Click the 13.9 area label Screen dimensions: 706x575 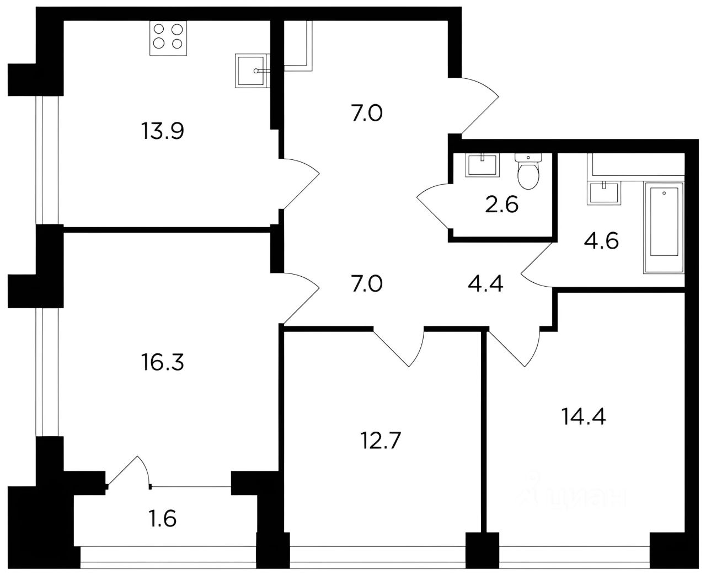162,131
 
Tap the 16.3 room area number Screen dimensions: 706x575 162,362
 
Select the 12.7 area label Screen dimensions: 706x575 381,440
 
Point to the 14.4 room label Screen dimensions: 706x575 584,416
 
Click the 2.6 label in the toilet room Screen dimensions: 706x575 501,205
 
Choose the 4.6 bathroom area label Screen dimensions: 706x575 601,241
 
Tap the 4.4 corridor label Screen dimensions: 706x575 485,284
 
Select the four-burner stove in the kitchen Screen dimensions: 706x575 168,38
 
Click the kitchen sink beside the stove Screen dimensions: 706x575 252,71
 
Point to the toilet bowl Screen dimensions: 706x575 528,171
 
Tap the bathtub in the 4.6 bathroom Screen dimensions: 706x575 664,227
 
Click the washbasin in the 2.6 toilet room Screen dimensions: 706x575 482,165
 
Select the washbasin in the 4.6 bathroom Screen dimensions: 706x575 603,193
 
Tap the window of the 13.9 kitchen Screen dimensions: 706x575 47,160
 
